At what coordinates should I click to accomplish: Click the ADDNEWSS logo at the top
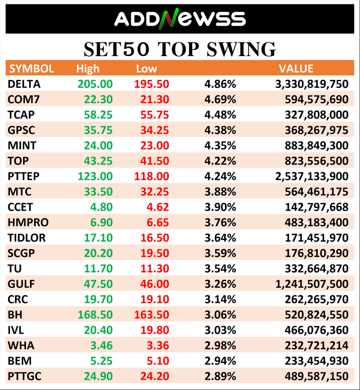tap(180, 19)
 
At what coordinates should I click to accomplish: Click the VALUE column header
tap(296, 69)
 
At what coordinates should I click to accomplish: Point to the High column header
tap(88, 69)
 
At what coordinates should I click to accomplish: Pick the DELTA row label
tap(24, 84)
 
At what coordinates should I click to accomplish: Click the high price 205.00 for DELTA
tap(95, 84)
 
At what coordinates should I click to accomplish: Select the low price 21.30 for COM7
tap(152, 100)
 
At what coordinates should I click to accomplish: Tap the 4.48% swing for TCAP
tap(220, 115)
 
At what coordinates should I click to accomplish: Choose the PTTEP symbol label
tap(23, 177)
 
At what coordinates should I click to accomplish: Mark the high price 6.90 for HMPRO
tap(102, 223)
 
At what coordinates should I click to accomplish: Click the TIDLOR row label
tap(27, 238)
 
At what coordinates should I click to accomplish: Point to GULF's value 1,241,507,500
tap(312, 284)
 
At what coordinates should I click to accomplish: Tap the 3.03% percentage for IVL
tap(220, 330)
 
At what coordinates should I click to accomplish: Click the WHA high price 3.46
tap(102, 346)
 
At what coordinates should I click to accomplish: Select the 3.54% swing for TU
tap(220, 269)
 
